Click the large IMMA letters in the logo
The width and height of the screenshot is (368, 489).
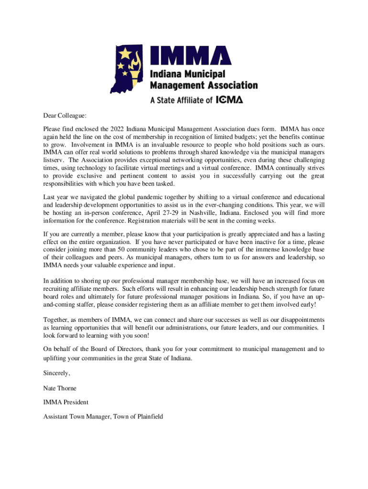pos(191,56)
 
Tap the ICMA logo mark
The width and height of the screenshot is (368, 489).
pos(229,100)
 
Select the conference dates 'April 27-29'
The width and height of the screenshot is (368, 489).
pos(172,213)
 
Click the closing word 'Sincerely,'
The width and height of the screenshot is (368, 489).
pos(57,373)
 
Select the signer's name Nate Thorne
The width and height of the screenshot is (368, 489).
pos(60,388)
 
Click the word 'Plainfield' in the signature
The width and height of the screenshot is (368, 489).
pos(149,417)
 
